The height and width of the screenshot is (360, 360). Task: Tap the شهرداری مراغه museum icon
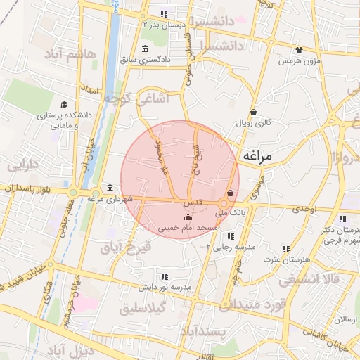click(110, 188)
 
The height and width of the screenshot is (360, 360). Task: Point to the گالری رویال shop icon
click(252, 111)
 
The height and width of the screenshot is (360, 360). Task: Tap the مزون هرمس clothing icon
click(299, 50)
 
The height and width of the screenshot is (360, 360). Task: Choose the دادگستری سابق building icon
click(145, 49)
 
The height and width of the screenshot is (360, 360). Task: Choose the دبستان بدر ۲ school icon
click(164, 13)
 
